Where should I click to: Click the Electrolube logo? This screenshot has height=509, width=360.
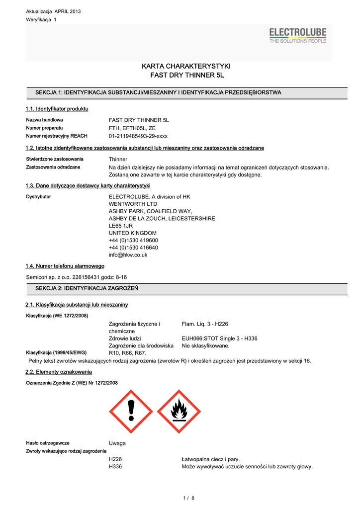pyautogui.click(x=297, y=36)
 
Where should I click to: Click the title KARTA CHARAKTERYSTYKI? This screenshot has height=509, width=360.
pyautogui.click(x=186, y=66)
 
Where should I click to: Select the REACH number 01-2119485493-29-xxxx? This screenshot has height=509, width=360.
pyautogui.click(x=138, y=136)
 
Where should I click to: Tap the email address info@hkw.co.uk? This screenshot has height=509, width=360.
pyautogui.click(x=128, y=255)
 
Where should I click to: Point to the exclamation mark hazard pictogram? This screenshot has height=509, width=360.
pyautogui.click(x=131, y=411)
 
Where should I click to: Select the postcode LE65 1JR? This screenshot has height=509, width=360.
pyautogui.click(x=121, y=226)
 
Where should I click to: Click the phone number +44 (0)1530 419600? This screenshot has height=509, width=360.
pyautogui.click(x=133, y=240)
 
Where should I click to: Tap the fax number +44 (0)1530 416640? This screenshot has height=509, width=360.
pyautogui.click(x=133, y=248)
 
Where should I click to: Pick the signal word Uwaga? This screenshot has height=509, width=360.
pyautogui.click(x=117, y=443)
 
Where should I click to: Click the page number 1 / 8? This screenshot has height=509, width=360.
pyautogui.click(x=189, y=498)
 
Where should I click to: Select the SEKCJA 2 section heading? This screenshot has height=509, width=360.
pyautogui.click(x=87, y=288)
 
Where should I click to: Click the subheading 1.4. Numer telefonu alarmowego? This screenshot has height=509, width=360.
pyautogui.click(x=65, y=266)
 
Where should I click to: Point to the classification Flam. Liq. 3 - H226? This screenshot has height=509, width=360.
pyautogui.click(x=205, y=324)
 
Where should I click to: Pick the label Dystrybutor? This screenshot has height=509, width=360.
pyautogui.click(x=38, y=197)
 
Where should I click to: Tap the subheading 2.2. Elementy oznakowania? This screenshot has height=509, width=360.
pyautogui.click(x=59, y=372)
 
